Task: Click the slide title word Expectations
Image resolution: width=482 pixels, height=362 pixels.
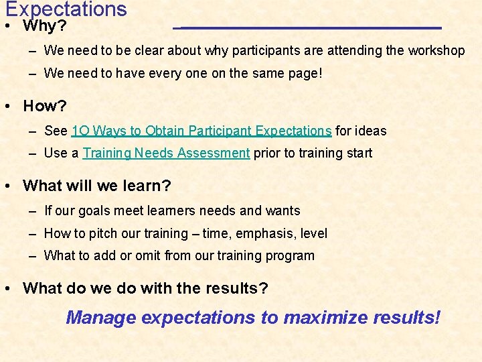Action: point(66,9)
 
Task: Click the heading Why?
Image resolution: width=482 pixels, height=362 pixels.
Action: point(44,27)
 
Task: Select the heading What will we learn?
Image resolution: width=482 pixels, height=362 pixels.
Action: point(97,185)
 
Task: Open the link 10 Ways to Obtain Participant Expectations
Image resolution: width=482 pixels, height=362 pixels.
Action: point(202,131)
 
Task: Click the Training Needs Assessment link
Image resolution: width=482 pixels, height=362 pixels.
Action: point(166,153)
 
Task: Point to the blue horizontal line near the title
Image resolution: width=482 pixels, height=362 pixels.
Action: point(308,28)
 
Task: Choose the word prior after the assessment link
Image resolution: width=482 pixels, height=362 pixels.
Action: point(267,153)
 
